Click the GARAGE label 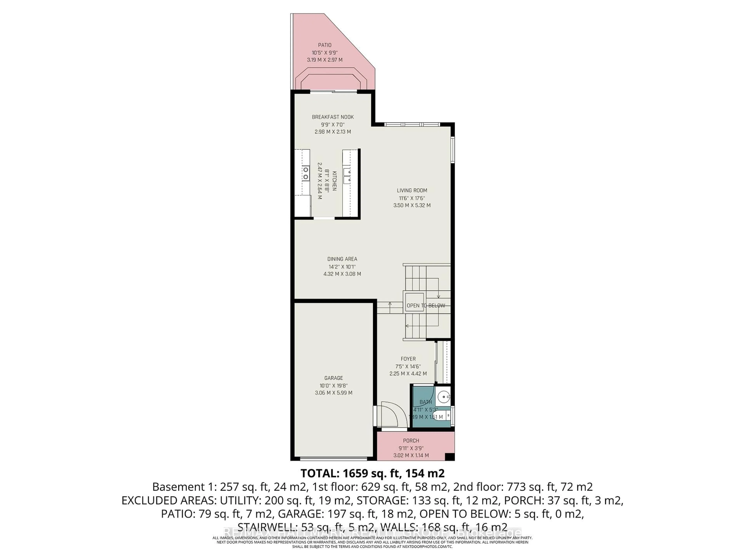tap(334, 378)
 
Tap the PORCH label tap(411, 441)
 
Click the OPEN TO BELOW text tap(426, 306)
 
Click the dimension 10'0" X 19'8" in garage tap(334, 385)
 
